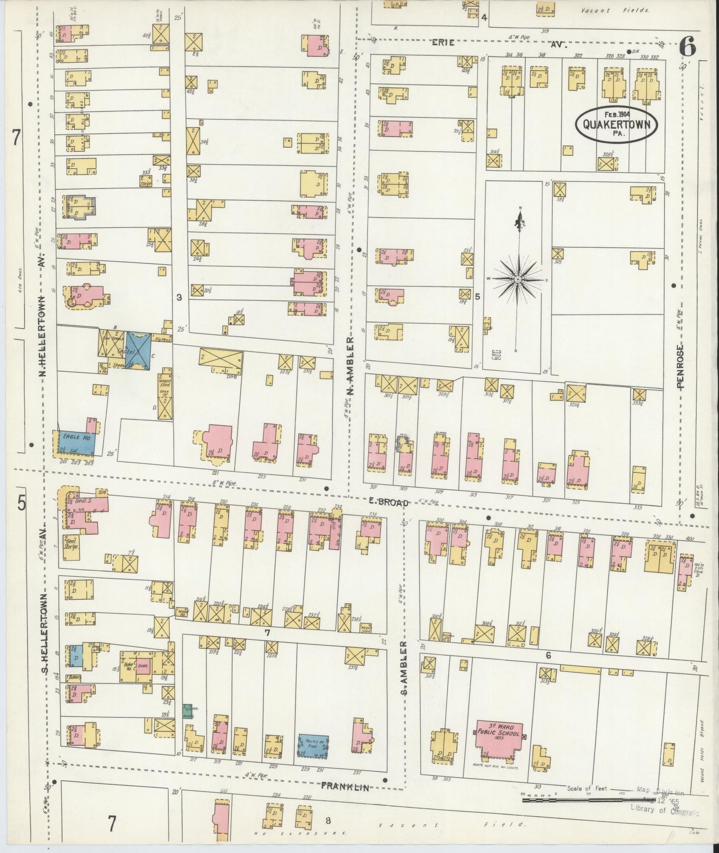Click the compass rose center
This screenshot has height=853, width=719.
coord(517,280)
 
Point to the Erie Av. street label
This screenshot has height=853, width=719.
coord(498,44)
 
